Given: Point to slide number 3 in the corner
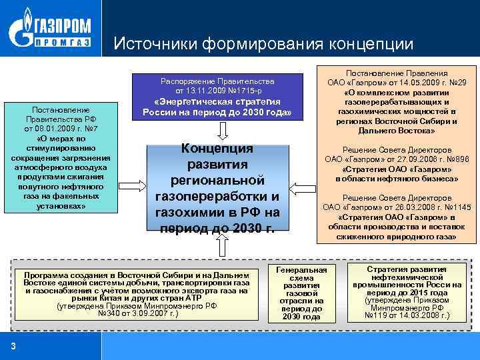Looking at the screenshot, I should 13,345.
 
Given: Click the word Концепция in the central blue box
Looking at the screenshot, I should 217,149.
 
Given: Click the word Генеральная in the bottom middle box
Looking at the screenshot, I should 301,269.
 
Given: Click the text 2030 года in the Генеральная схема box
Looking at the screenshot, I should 301,317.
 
